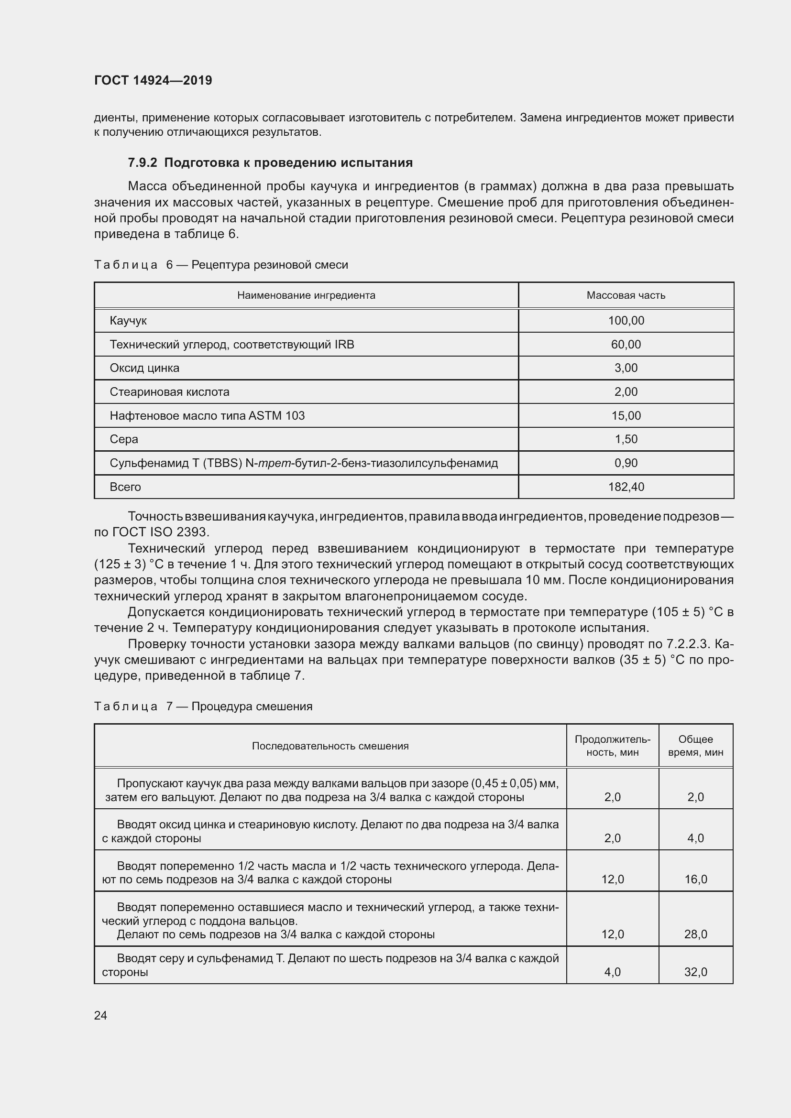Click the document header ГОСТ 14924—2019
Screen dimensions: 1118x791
[x=153, y=80]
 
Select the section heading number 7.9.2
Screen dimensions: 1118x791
[x=142, y=163]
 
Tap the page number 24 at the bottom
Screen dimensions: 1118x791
[x=100, y=1015]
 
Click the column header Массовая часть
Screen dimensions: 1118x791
[x=626, y=295]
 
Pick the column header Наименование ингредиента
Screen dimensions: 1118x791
[x=306, y=295]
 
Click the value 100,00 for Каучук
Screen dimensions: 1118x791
[x=626, y=320]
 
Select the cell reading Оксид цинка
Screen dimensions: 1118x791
[x=144, y=368]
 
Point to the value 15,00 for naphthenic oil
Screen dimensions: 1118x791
[x=626, y=415]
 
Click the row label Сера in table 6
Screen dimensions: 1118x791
[x=124, y=439]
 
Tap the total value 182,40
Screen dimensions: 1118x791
[x=626, y=487]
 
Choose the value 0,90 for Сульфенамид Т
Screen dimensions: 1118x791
[x=626, y=463]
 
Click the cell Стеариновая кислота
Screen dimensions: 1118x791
[x=169, y=392]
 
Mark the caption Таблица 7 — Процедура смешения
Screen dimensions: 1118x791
[x=203, y=706]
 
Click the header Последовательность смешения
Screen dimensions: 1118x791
[x=330, y=746]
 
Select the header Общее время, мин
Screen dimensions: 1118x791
[x=695, y=746]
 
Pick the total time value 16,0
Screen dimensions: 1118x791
[x=695, y=879]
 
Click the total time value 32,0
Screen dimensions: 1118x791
[x=695, y=972]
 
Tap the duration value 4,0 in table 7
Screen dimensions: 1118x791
[x=612, y=972]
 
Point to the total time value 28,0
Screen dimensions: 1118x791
[x=695, y=934]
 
